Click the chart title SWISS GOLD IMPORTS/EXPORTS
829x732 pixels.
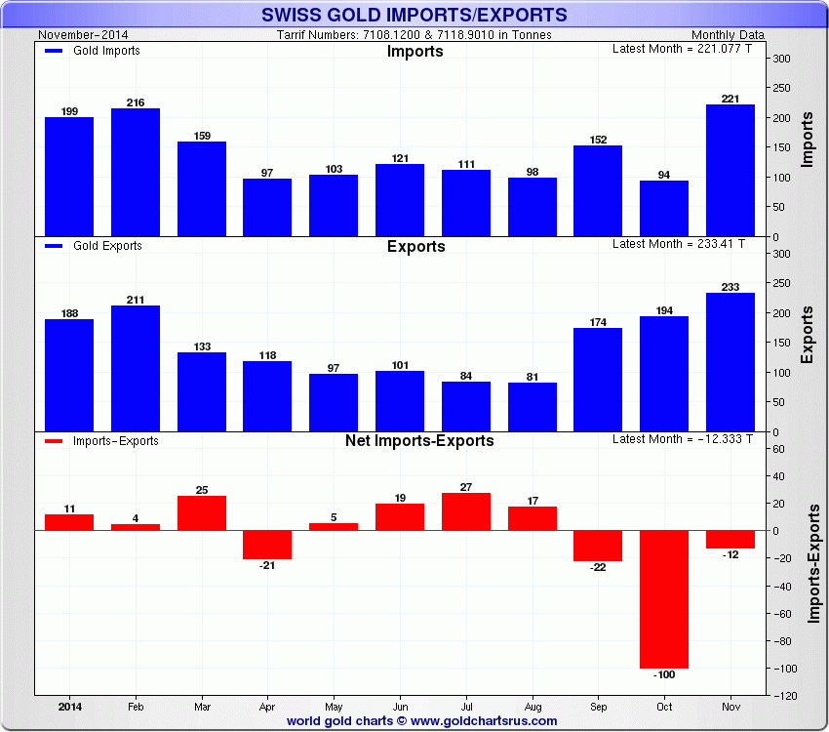pyautogui.click(x=414, y=15)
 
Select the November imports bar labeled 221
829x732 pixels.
pyautogui.click(x=730, y=171)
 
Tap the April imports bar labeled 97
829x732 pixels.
pyautogui.click(x=267, y=207)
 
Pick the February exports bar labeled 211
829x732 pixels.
pyautogui.click(x=136, y=368)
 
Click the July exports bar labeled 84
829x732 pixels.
pyautogui.click(x=466, y=406)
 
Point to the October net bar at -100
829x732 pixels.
pyautogui.click(x=664, y=599)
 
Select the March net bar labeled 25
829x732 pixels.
pyautogui.click(x=202, y=513)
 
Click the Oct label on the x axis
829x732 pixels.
pyautogui.click(x=664, y=706)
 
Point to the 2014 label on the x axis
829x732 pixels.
pyautogui.click(x=69, y=706)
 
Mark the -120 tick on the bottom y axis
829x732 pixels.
pyautogui.click(x=781, y=696)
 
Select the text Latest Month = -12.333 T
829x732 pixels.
pyautogui.click(x=682, y=439)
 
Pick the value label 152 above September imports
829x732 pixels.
pyautogui.click(x=598, y=140)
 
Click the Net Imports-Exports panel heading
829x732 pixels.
pyautogui.click(x=419, y=440)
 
